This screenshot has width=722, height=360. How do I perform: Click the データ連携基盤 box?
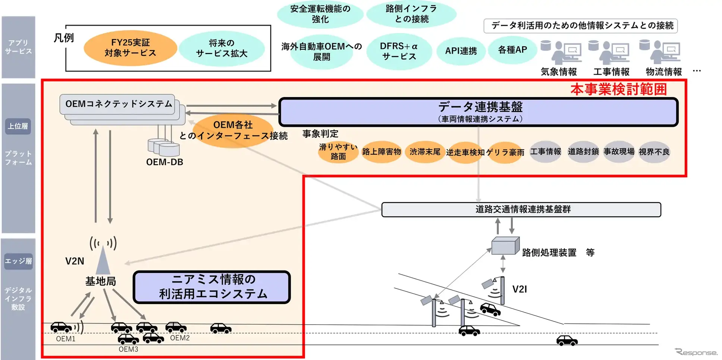click(x=478, y=112)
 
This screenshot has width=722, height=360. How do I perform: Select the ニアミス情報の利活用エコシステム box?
click(x=212, y=287)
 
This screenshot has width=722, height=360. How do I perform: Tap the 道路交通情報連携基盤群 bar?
click(x=521, y=209)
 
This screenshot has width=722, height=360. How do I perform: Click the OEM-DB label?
click(x=164, y=162)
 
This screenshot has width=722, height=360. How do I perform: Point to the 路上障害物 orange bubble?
click(x=381, y=152)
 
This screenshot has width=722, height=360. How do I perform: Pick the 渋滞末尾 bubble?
click(x=425, y=152)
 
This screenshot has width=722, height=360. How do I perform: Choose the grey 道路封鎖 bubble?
click(x=583, y=151)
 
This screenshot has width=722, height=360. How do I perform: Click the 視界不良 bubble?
click(x=654, y=152)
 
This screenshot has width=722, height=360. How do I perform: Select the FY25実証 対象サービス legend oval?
click(x=130, y=48)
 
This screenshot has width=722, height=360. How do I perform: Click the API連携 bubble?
click(x=461, y=51)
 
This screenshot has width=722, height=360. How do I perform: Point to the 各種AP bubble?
click(x=512, y=50)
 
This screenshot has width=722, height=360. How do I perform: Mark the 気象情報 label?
click(x=559, y=72)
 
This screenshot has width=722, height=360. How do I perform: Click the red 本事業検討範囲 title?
click(x=618, y=90)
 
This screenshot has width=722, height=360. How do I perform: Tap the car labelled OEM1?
click(x=61, y=328)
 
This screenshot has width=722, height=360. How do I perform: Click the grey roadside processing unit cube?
click(x=505, y=246)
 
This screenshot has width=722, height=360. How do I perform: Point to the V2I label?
click(x=519, y=289)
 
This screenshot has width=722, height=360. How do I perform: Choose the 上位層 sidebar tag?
click(x=18, y=126)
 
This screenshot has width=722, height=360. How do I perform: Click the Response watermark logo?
click(x=696, y=352)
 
